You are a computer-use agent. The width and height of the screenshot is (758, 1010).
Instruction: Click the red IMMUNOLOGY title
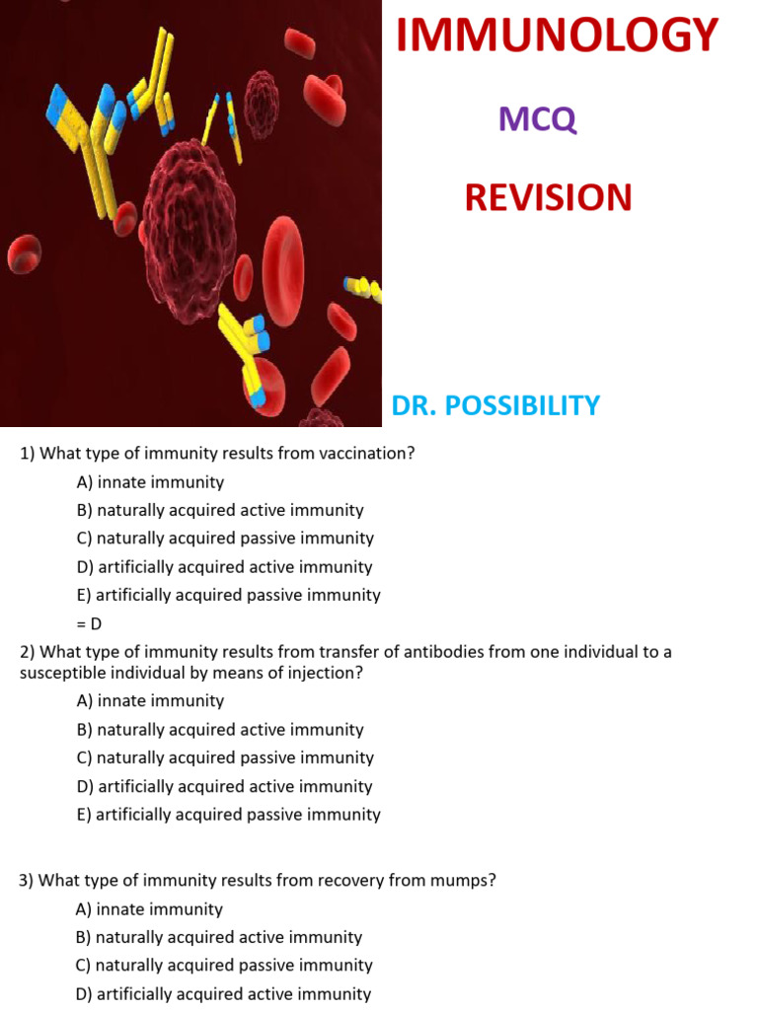pos(557,36)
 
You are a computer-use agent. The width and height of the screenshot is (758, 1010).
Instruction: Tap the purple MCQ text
pos(537,119)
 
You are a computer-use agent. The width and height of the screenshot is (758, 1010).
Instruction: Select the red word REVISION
pos(548,197)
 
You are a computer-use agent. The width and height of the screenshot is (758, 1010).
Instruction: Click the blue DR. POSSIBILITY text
pos(495,405)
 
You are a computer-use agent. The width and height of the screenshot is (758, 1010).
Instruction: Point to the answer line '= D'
pos(89,623)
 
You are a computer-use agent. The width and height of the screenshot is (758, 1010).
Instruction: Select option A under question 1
pos(150,482)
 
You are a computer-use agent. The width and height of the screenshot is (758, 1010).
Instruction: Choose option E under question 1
pos(228,595)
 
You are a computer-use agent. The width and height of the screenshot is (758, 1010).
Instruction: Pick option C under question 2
pos(225,757)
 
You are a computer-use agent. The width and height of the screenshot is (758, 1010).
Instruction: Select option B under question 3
pos(219,937)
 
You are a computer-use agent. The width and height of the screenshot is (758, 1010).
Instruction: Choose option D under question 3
pos(223,994)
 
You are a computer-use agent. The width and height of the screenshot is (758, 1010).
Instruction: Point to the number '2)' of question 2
pos(28,652)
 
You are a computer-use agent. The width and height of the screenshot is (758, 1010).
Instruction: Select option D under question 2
pos(224,786)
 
